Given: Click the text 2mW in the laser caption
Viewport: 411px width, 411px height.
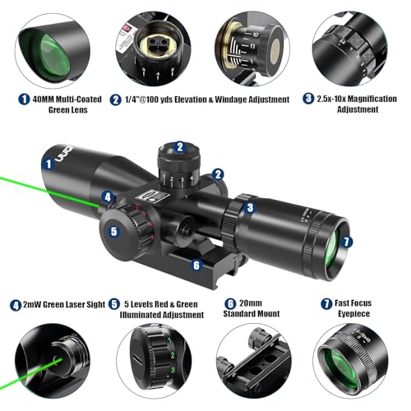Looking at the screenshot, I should [36, 304].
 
